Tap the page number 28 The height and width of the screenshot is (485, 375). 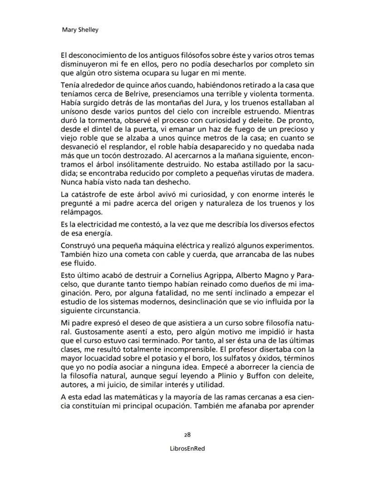pyautogui.click(x=187, y=434)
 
